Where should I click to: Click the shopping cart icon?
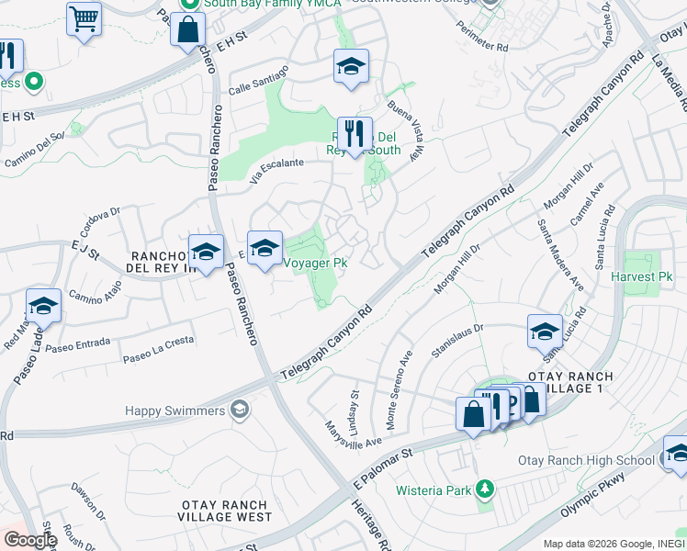[84, 18]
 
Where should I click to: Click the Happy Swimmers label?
[175, 410]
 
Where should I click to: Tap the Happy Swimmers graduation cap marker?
[240, 410]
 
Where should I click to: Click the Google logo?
[29, 540]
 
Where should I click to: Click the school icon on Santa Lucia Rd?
[546, 332]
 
